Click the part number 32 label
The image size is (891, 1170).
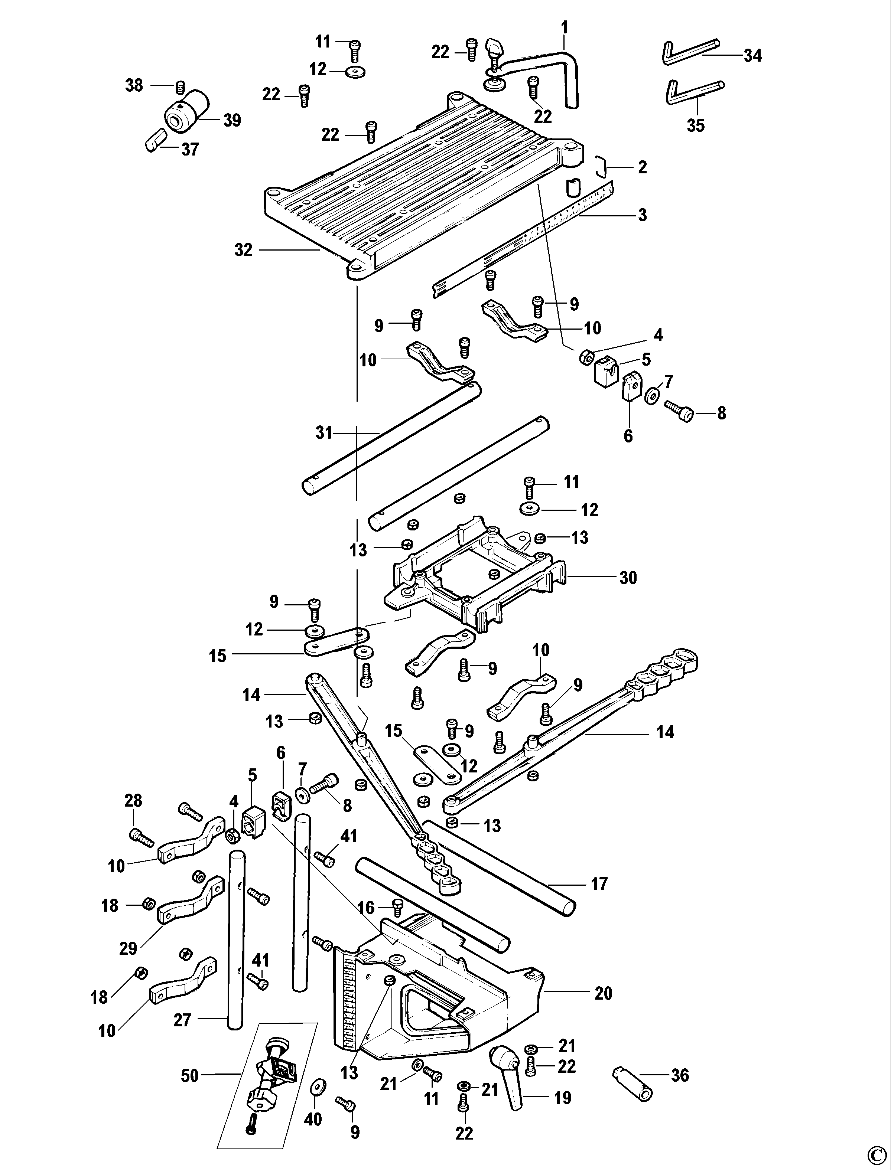click(243, 250)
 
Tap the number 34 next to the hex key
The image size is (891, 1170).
click(752, 55)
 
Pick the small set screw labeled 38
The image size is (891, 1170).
click(179, 86)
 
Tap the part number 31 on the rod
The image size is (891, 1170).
click(323, 433)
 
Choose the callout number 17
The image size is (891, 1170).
click(599, 884)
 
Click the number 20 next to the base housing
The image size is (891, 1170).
click(604, 993)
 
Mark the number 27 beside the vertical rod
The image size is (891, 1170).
click(182, 1019)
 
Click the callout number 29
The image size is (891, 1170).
click(128, 948)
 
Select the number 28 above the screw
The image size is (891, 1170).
click(133, 800)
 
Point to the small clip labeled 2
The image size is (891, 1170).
click(600, 166)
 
